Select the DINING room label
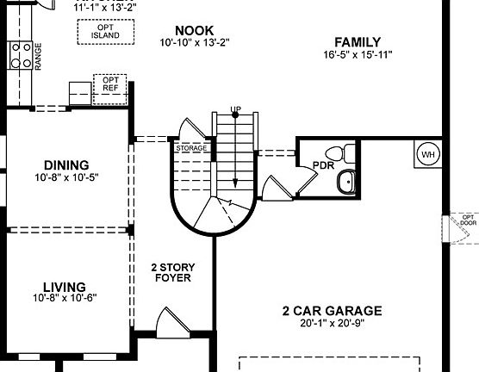click(66, 165)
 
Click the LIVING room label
click(65, 287)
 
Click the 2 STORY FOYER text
click(170, 272)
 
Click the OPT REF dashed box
click(110, 88)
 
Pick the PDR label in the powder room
click(323, 165)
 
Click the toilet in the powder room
click(346, 153)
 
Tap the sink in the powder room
click(345, 183)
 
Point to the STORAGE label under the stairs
click(191, 149)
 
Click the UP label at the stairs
click(235, 109)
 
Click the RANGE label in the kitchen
click(38, 58)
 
